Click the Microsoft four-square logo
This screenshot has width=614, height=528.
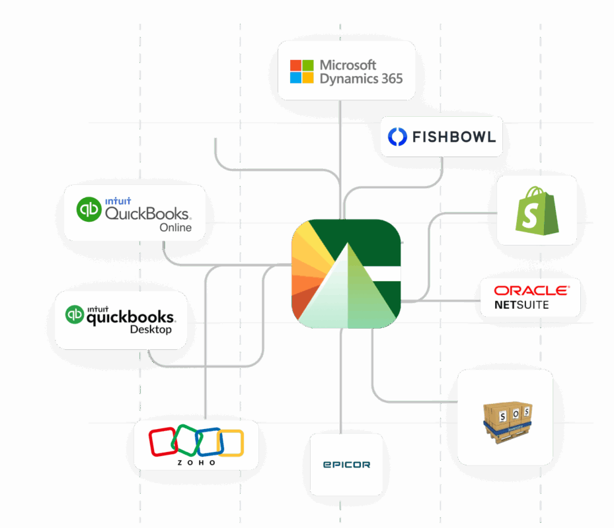point(302,71)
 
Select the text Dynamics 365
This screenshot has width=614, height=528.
point(361,79)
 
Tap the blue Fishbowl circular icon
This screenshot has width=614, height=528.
point(397,137)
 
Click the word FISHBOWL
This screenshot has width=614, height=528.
point(453,137)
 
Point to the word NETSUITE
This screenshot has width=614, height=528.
point(521,305)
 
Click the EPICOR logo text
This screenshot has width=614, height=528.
point(346,465)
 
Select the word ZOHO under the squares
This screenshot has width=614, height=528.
point(196,463)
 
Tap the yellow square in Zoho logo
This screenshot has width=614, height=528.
point(232,443)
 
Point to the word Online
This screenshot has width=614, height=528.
point(176,228)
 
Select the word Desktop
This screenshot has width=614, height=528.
point(151,329)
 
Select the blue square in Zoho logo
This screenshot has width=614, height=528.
point(210,442)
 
